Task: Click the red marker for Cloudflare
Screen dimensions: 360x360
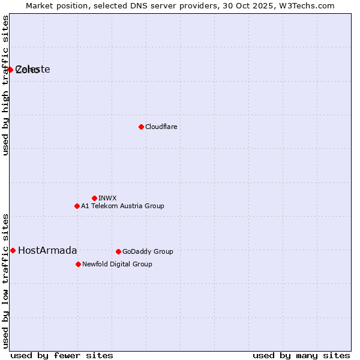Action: click(141, 127)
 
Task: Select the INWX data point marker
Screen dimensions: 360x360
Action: click(94, 198)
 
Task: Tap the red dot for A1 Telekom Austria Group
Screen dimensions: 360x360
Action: click(77, 206)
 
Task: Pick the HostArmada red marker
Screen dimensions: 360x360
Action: click(13, 250)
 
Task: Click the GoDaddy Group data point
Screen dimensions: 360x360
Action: click(118, 251)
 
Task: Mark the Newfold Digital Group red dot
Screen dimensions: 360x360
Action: click(78, 264)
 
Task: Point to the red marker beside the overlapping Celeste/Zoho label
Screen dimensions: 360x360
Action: click(10, 70)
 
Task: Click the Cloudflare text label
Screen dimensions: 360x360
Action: click(161, 127)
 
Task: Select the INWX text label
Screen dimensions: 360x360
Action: click(107, 198)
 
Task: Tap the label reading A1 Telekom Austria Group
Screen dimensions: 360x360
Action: click(122, 206)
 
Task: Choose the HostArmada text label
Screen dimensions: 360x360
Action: click(47, 250)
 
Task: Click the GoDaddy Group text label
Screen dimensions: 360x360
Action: click(148, 251)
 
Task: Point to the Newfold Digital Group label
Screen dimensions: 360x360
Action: click(117, 264)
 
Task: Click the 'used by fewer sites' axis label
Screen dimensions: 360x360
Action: click(62, 355)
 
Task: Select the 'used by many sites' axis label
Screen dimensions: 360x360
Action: click(301, 355)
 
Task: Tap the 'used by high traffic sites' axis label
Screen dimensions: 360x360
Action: click(5, 85)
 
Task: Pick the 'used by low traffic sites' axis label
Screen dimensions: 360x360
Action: click(5, 280)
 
